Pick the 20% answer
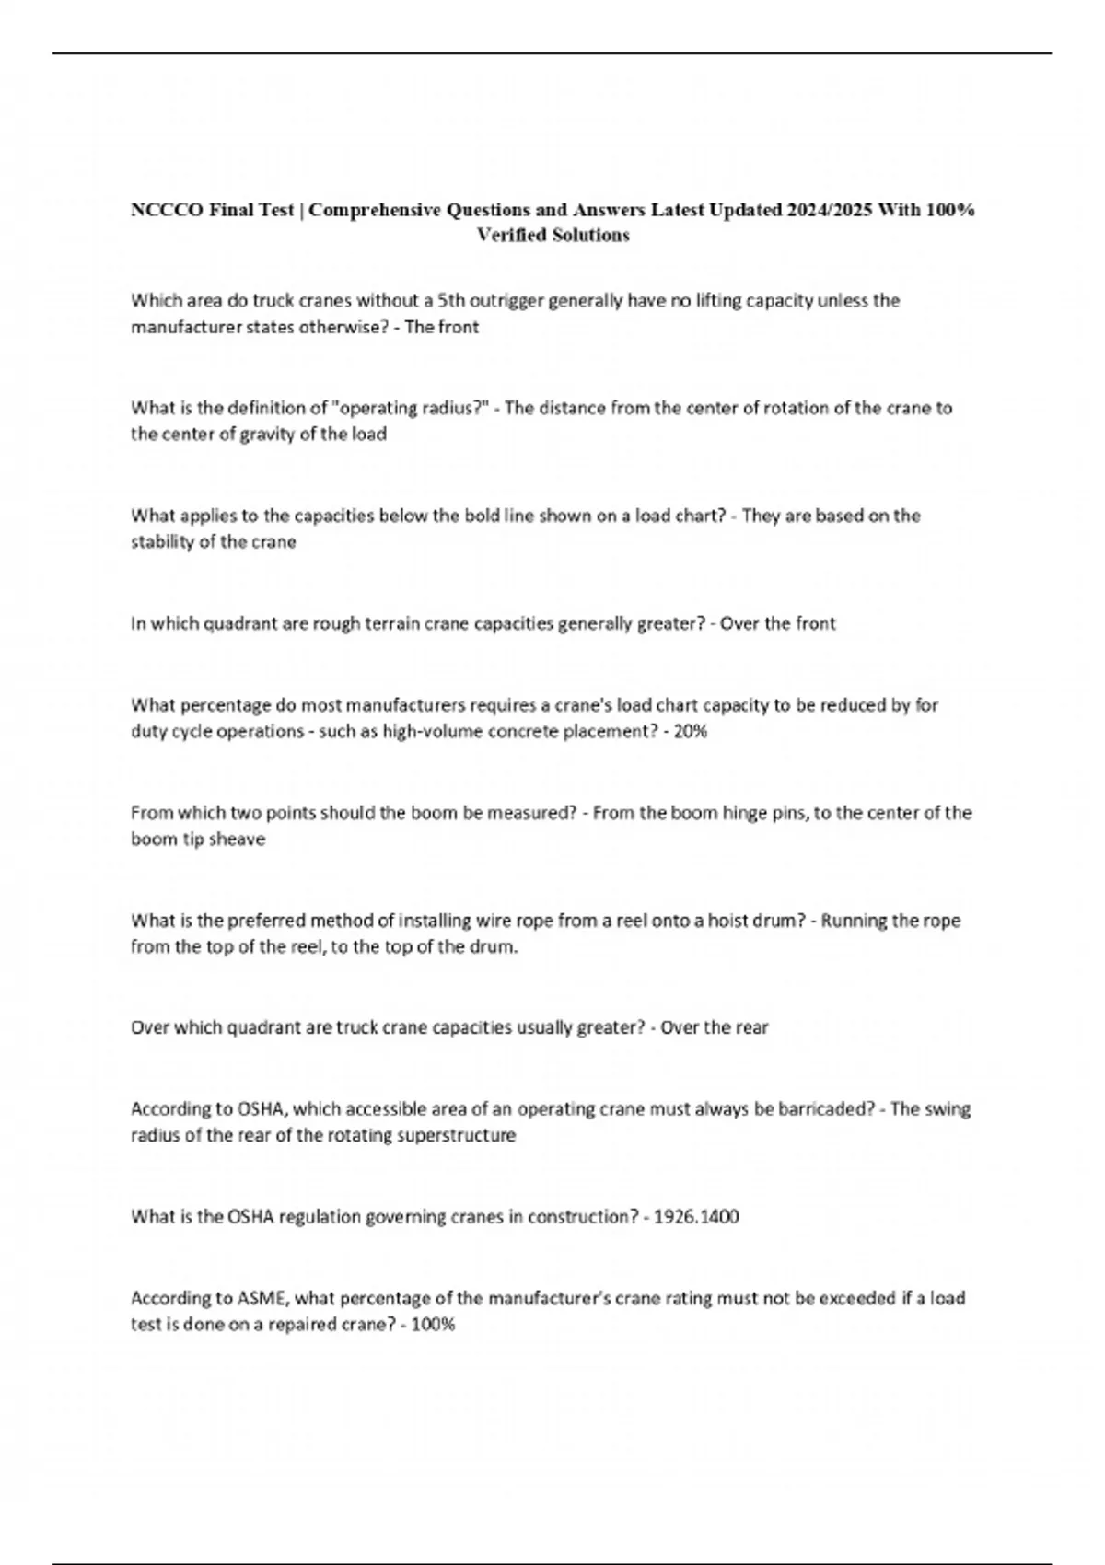(x=691, y=732)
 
